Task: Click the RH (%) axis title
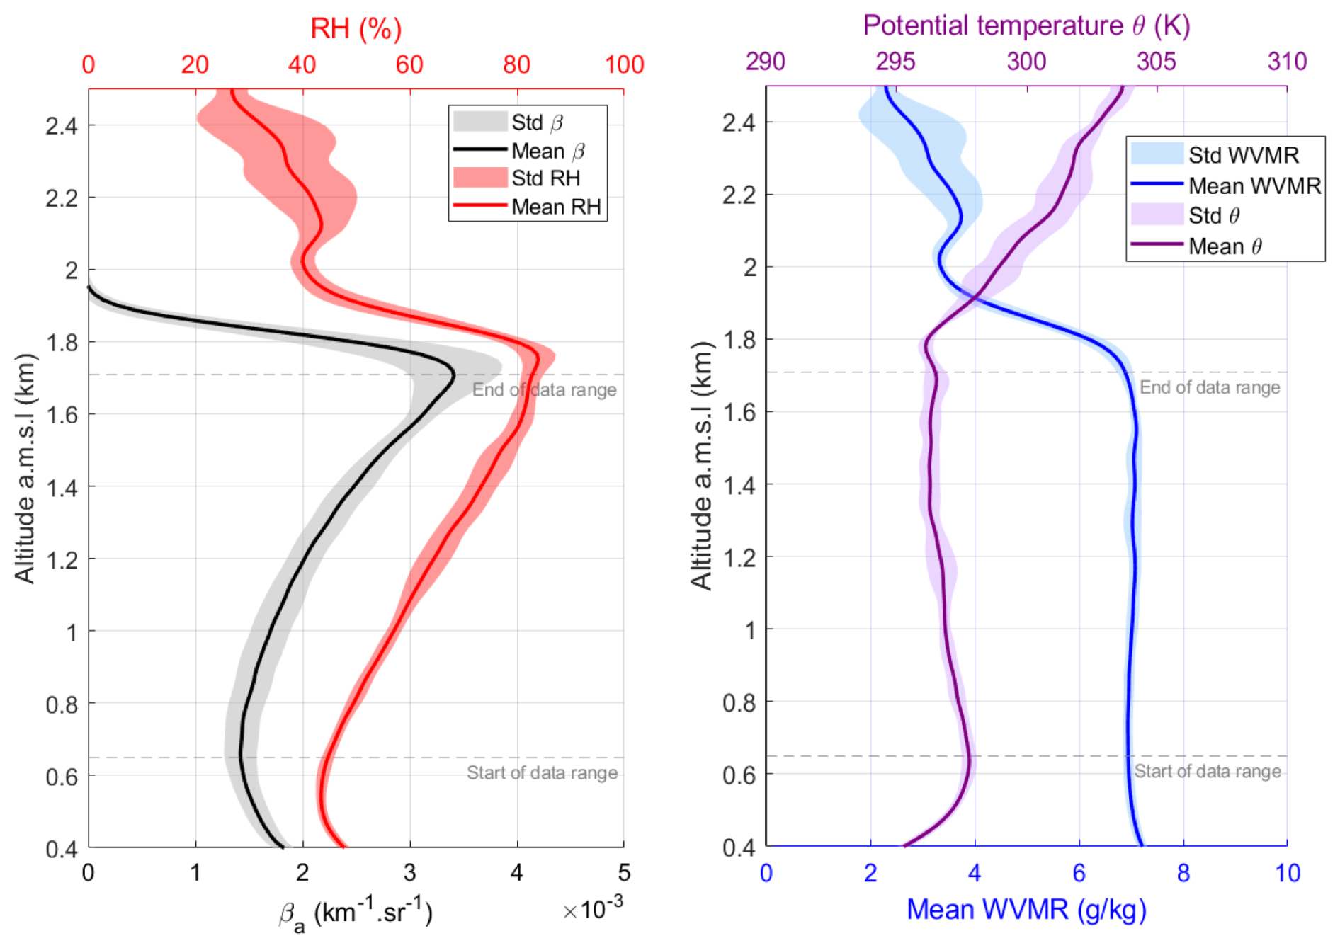[x=356, y=28]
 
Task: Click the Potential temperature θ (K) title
[x=1026, y=25]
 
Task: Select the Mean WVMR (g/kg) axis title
[x=1026, y=910]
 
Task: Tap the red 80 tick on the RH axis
[x=516, y=65]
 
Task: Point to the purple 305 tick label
[x=1156, y=62]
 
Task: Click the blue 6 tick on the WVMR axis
[x=1079, y=873]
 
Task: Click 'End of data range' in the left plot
[x=544, y=390]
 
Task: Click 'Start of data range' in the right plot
[x=1208, y=771]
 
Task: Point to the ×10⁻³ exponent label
[x=593, y=908]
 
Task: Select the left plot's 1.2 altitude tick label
[x=62, y=560]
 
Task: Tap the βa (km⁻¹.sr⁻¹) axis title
[x=356, y=913]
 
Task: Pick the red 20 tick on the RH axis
[x=195, y=65]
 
